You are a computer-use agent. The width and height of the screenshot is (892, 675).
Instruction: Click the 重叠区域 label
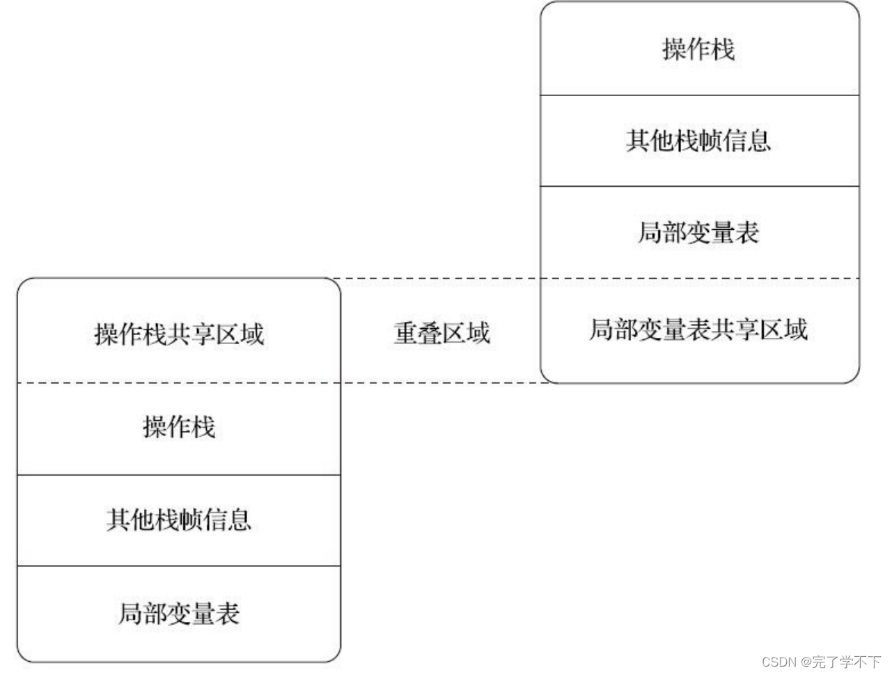pyautogui.click(x=441, y=333)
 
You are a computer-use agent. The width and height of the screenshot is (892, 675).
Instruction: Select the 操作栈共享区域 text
pyautogui.click(x=179, y=334)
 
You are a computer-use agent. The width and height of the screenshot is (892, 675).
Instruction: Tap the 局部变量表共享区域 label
pyautogui.click(x=698, y=329)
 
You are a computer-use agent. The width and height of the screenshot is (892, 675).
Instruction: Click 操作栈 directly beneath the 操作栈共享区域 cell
pyautogui.click(x=179, y=427)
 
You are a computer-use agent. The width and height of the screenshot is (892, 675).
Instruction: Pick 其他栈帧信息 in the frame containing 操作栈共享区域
pyautogui.click(x=179, y=520)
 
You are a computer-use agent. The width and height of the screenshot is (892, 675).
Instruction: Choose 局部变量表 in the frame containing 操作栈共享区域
pyautogui.click(x=179, y=614)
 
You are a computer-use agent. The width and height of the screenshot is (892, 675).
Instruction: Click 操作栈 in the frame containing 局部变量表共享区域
pyautogui.click(x=698, y=49)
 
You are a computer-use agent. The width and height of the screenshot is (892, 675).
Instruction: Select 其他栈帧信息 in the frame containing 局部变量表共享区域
pyautogui.click(x=698, y=141)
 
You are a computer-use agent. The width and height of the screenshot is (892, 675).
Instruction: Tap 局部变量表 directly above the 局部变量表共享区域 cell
pyautogui.click(x=698, y=233)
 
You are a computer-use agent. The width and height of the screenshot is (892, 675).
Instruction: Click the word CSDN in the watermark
pyautogui.click(x=779, y=661)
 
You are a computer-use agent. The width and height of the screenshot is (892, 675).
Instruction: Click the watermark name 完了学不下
pyautogui.click(x=847, y=661)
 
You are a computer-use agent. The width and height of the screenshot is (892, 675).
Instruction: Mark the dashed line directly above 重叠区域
pyautogui.click(x=441, y=279)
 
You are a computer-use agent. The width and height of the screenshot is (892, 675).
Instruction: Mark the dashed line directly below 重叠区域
pyautogui.click(x=441, y=382)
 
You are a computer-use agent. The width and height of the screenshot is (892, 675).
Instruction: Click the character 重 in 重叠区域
pyautogui.click(x=406, y=333)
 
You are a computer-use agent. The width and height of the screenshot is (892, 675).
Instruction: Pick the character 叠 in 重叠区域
pyautogui.click(x=430, y=333)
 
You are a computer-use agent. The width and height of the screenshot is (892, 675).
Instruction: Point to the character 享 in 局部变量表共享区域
pyautogui.click(x=747, y=329)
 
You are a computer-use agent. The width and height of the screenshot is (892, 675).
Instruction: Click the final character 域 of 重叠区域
pyautogui.click(x=478, y=333)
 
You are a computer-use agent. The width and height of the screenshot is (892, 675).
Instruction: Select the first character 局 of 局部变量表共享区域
pyautogui.click(x=602, y=329)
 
